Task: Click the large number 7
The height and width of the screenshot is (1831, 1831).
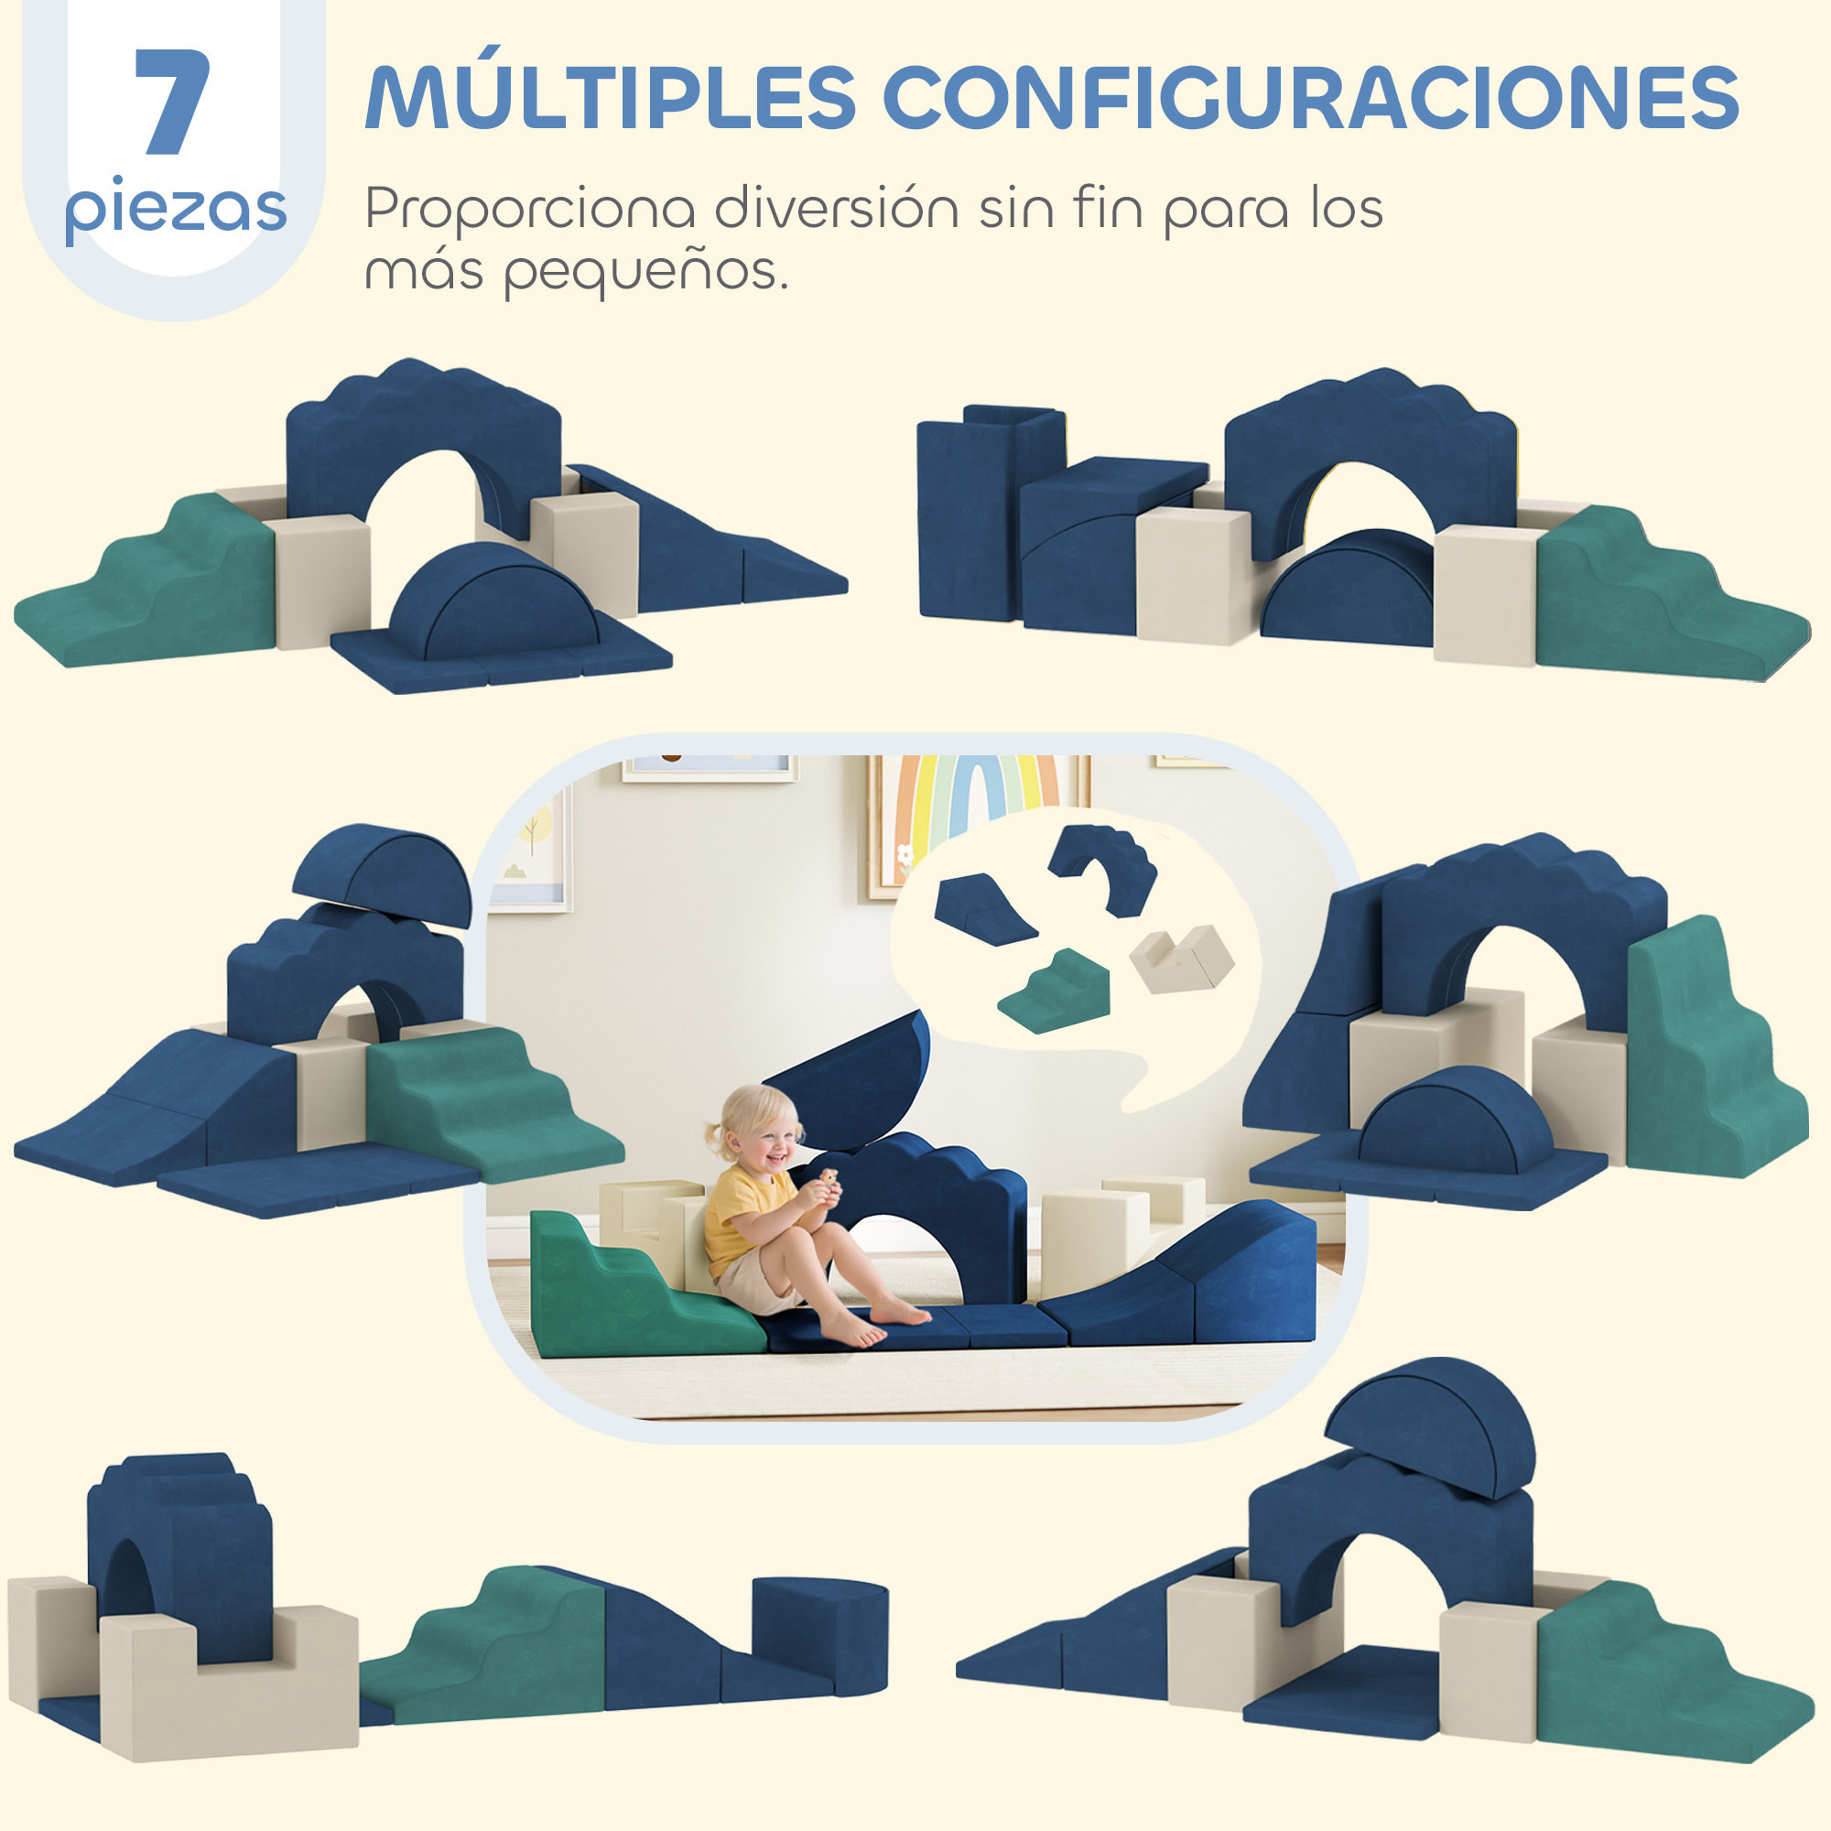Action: tap(172, 102)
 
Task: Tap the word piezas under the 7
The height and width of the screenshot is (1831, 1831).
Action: tap(176, 209)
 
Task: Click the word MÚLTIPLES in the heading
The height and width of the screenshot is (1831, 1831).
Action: tap(611, 99)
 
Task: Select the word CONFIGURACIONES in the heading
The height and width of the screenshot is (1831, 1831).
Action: tap(1311, 99)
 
